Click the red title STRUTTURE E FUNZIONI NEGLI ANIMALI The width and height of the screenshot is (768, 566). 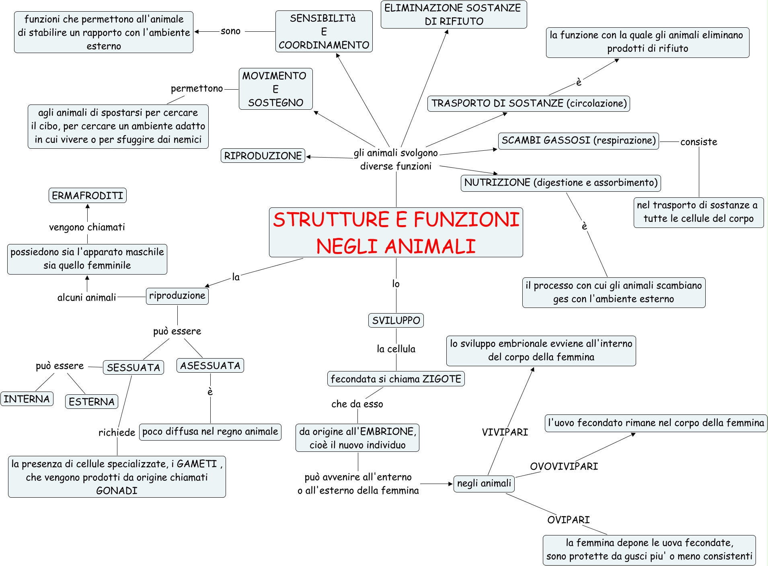point(396,232)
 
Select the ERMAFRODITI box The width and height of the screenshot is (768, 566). point(87,195)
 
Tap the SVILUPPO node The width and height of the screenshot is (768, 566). point(396,320)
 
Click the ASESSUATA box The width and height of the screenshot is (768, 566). point(210,365)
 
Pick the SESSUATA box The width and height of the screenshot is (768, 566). point(133,367)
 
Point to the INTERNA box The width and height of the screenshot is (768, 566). point(27,399)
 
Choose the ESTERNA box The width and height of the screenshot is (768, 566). point(91,402)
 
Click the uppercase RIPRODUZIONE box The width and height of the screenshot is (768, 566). point(263,156)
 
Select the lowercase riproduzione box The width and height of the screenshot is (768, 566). point(177,296)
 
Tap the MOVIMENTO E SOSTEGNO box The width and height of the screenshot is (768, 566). point(275,89)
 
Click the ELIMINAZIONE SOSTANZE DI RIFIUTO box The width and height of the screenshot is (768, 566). point(453,14)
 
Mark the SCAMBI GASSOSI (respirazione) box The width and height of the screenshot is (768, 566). point(578,140)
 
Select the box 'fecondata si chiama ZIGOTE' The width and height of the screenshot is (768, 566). point(396,379)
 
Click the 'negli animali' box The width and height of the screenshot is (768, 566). point(484,483)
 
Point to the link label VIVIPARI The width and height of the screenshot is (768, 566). point(505,432)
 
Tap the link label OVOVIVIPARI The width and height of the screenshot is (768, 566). point(564,466)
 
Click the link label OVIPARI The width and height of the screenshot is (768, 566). point(568,520)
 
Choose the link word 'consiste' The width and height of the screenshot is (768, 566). point(698,142)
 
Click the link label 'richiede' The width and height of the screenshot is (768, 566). point(117,433)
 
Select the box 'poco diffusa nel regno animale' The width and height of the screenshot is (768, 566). point(210,432)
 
